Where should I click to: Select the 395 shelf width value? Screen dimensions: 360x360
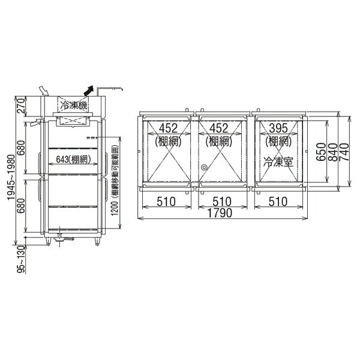(278, 128)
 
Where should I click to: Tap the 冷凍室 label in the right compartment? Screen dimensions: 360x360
(278, 162)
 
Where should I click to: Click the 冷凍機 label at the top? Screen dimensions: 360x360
(74, 106)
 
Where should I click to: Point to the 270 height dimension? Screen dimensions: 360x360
(20, 106)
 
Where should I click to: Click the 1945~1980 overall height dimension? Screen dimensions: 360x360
(11, 178)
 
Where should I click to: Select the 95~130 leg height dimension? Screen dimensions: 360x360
(21, 259)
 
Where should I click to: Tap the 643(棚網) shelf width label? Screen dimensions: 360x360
(73, 160)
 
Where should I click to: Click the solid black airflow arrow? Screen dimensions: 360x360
(88, 91)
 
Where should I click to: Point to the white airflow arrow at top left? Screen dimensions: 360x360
(43, 91)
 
